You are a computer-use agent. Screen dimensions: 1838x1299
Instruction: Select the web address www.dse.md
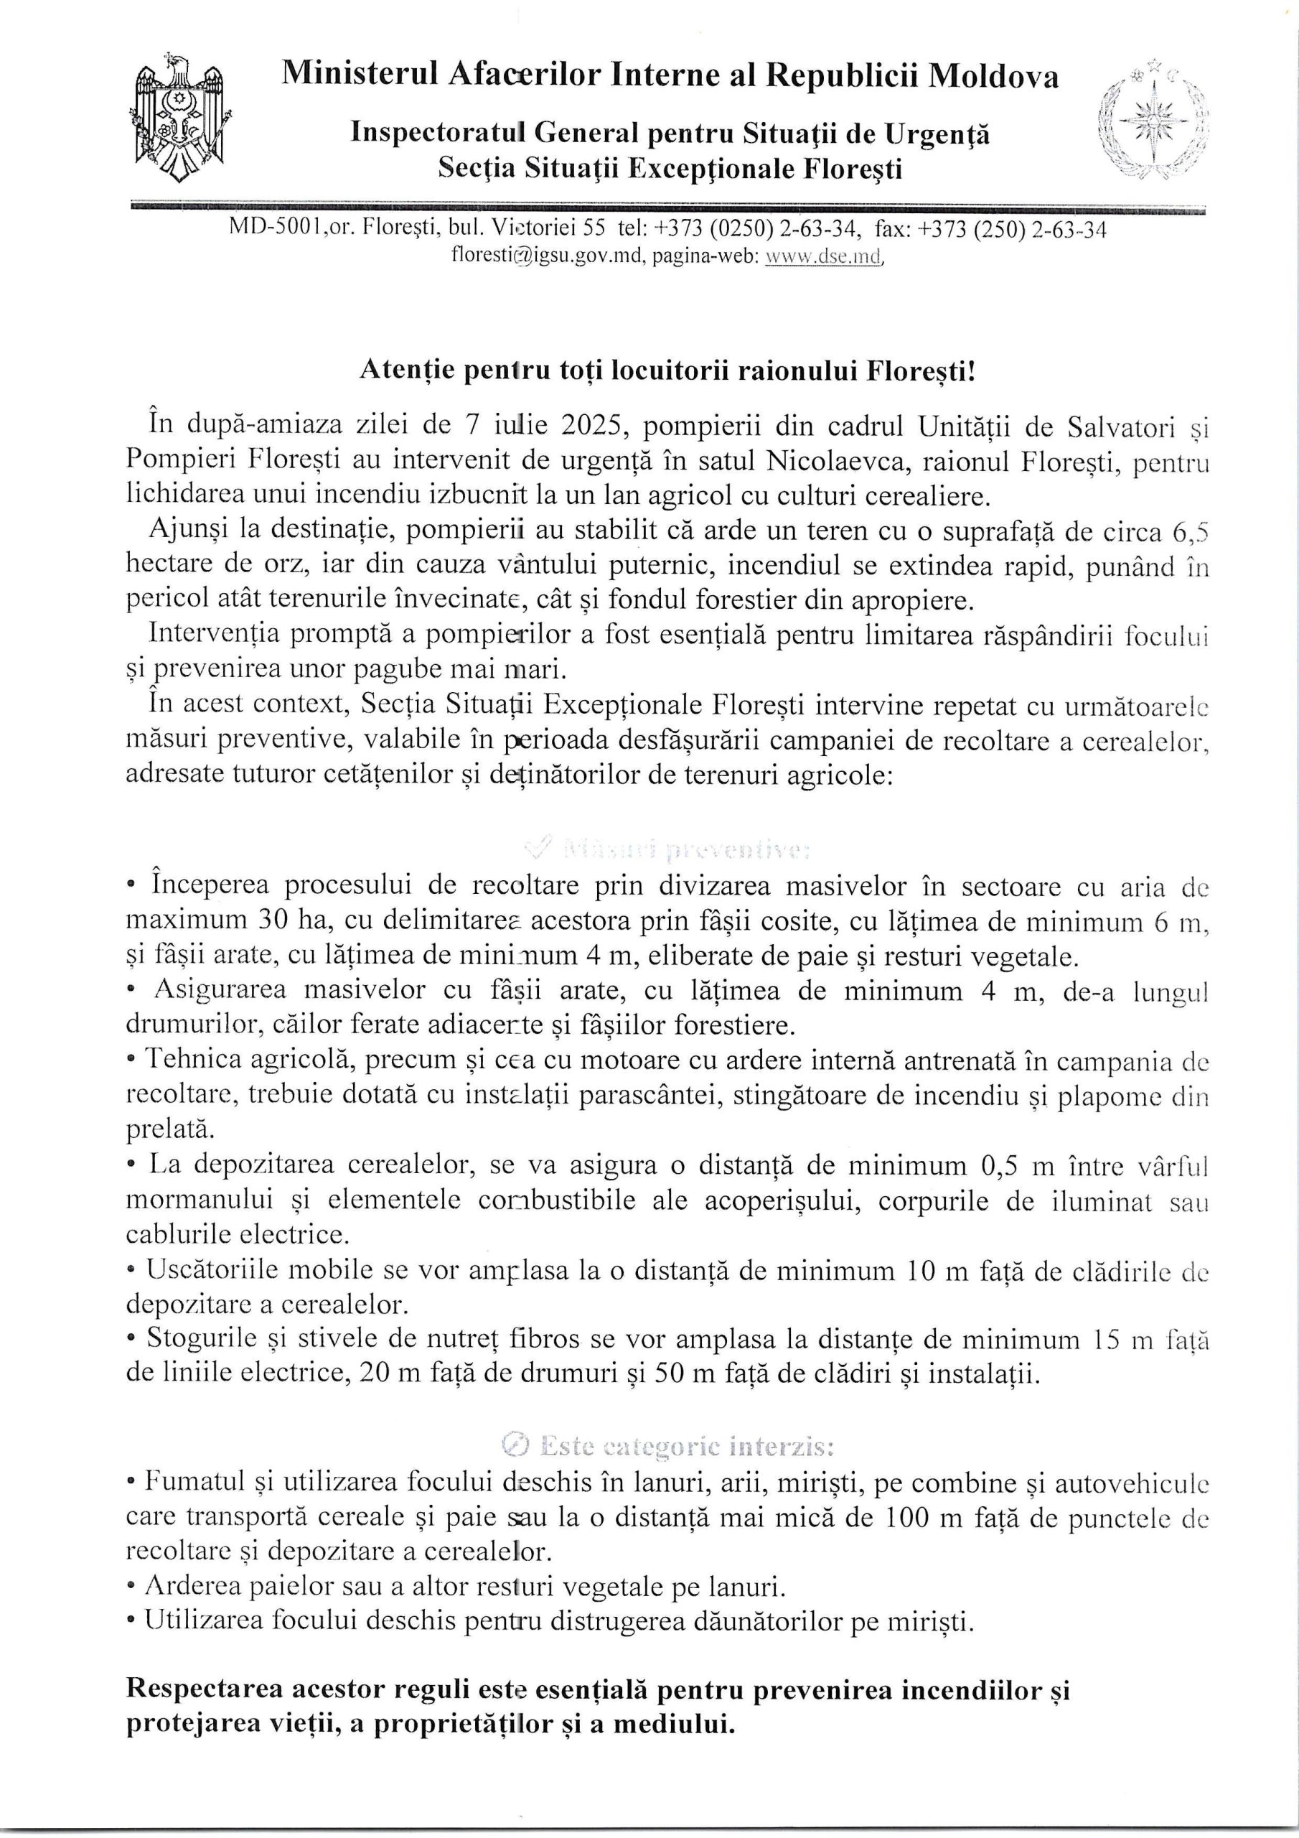click(x=824, y=257)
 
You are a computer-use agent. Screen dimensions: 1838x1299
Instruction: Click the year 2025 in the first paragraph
click(x=591, y=425)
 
